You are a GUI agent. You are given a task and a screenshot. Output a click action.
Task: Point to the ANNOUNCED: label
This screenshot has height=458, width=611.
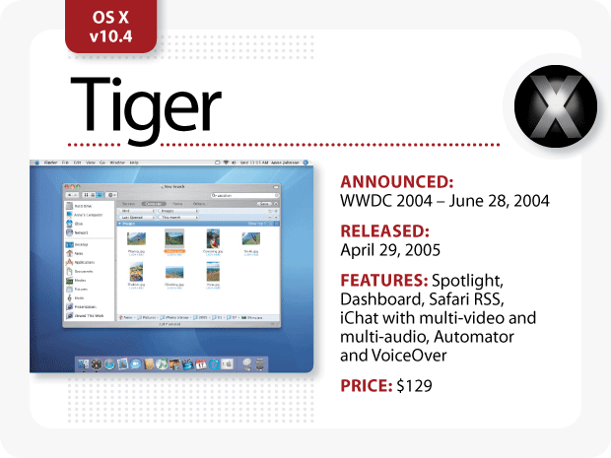[396, 182]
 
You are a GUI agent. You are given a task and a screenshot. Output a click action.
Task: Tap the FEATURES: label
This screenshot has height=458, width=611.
[383, 281]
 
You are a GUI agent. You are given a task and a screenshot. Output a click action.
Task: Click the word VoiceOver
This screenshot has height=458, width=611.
[407, 355]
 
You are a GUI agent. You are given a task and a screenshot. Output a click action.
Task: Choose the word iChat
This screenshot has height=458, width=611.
[360, 318]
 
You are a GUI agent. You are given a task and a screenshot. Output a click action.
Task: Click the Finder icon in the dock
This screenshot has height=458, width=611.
[86, 363]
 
